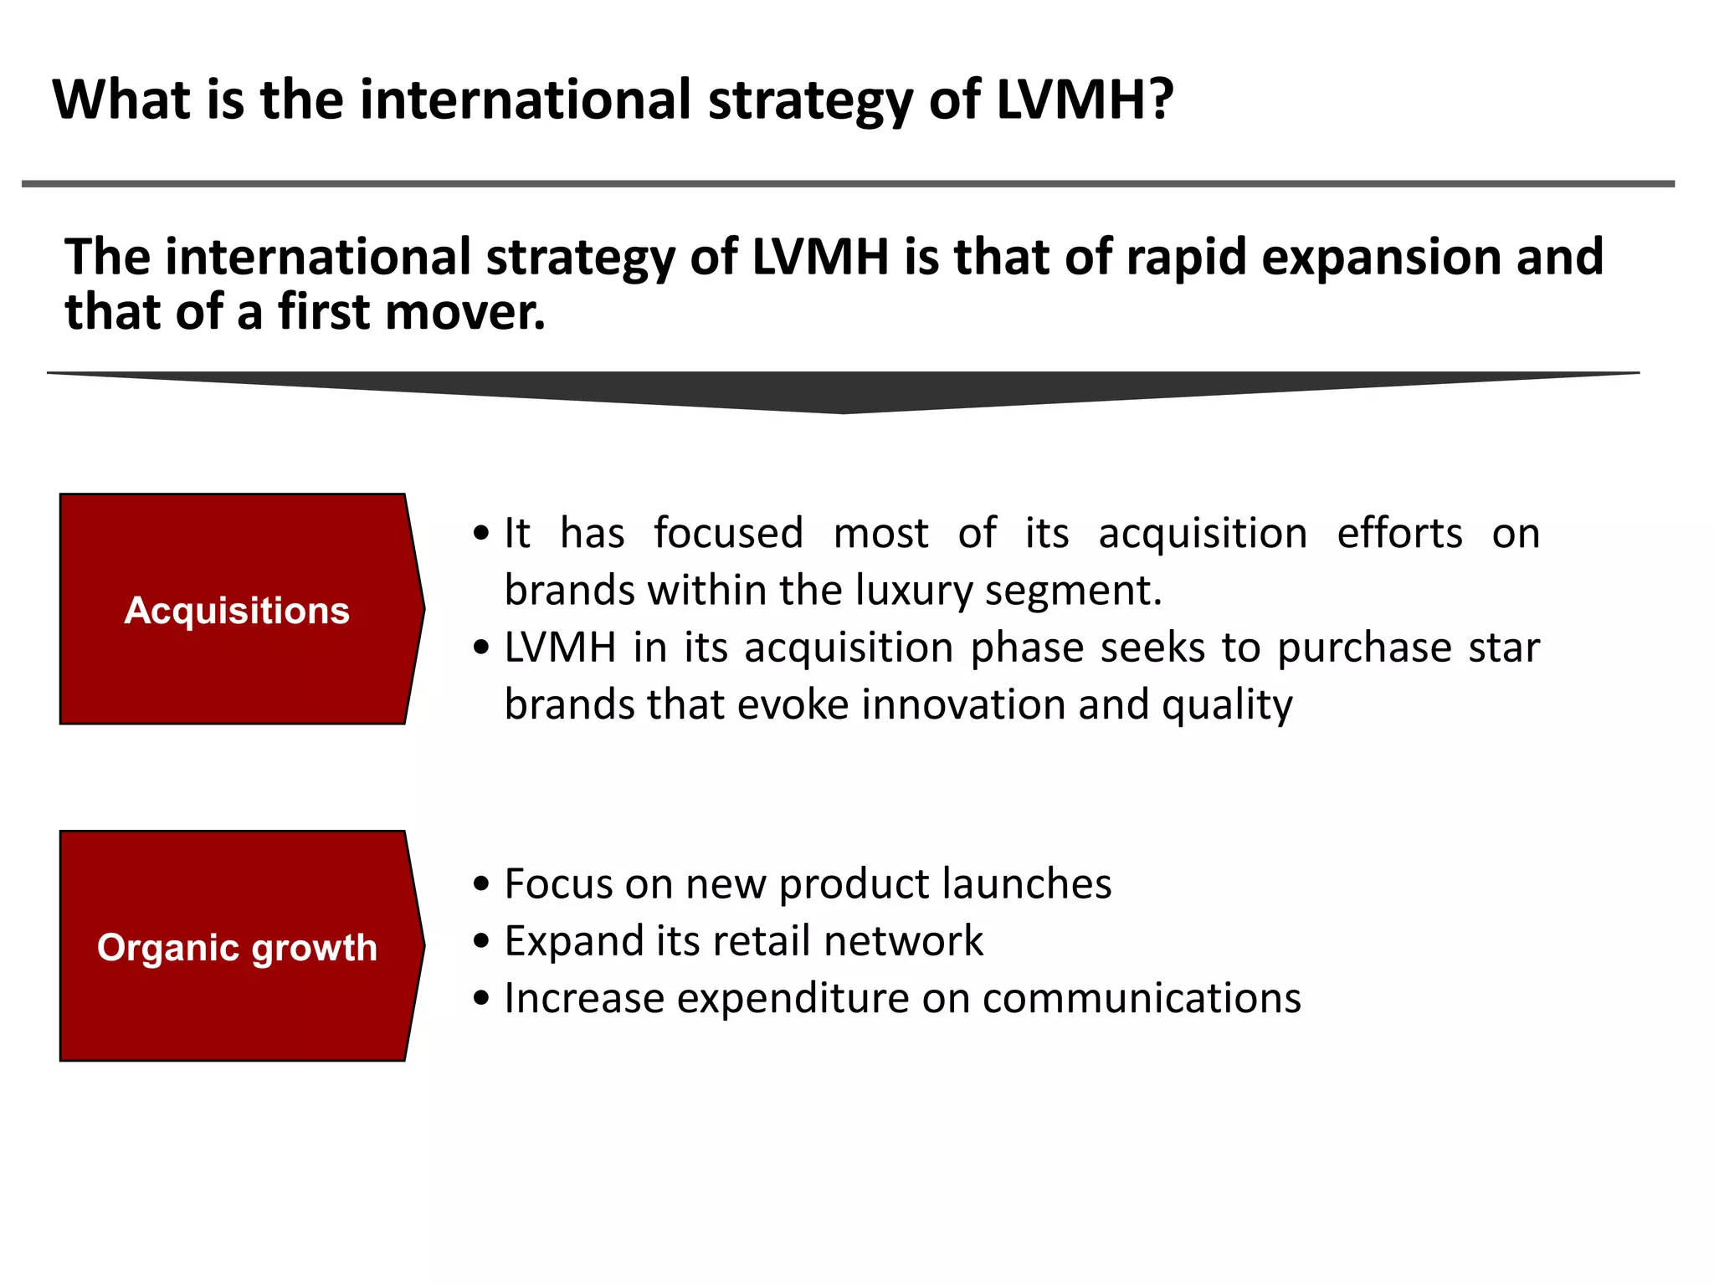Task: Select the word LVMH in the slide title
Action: coord(1072,99)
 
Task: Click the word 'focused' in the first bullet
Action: coord(728,533)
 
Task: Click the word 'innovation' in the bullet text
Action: coord(963,704)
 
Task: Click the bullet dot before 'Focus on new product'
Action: coord(480,884)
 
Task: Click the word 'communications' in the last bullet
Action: coord(1142,998)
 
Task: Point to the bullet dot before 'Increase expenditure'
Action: coord(480,998)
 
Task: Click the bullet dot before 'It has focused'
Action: coord(480,533)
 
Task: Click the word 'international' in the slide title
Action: coord(526,99)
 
